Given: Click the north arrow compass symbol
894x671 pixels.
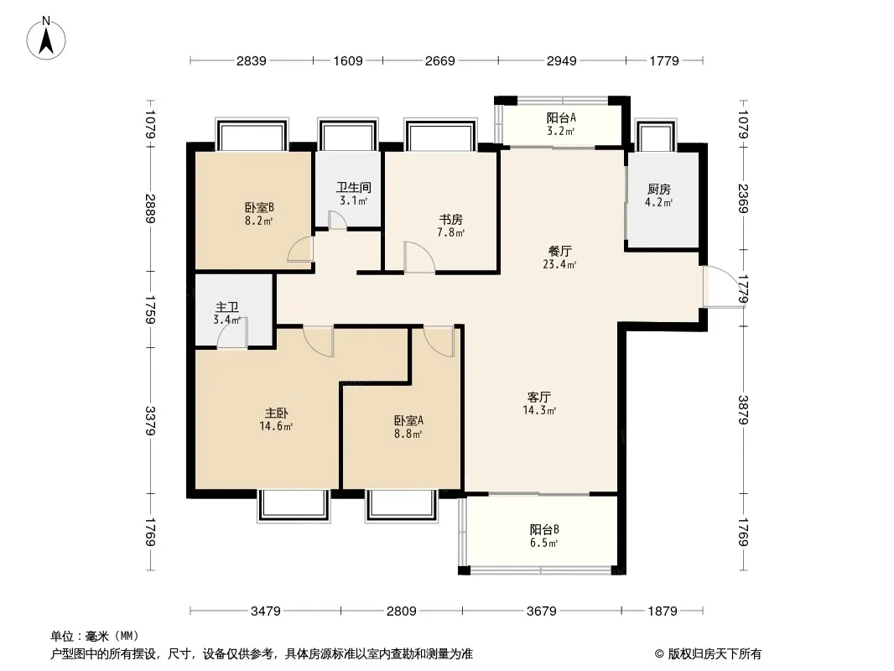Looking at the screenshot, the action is [46, 39].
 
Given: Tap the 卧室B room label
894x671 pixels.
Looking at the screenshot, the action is [259, 207].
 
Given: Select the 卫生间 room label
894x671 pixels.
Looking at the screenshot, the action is [354, 187].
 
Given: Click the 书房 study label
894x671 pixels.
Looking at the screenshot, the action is [450, 220].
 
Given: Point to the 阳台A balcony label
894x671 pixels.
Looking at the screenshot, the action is [561, 118].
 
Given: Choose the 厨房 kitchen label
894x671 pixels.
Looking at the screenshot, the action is [658, 190].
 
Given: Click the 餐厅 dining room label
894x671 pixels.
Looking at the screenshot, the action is [560, 251].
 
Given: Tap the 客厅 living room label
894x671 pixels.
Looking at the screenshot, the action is [538, 397].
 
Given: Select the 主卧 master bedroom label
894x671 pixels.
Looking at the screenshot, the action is [276, 413].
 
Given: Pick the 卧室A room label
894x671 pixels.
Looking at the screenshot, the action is [408, 421].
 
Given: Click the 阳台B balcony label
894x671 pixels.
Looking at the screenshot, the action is [544, 529].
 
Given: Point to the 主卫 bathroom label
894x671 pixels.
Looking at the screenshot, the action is [227, 308].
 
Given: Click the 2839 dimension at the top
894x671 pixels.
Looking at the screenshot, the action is [252, 60].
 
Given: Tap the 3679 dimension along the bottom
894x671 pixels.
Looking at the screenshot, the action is [541, 611].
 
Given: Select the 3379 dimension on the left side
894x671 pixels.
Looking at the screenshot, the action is [150, 421].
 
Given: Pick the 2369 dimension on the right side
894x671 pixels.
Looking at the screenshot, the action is [743, 198].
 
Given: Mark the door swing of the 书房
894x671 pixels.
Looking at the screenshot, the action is [419, 257].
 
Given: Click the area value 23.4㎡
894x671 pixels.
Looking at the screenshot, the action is [559, 264].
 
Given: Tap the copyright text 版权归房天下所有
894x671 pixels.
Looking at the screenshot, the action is [715, 654].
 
